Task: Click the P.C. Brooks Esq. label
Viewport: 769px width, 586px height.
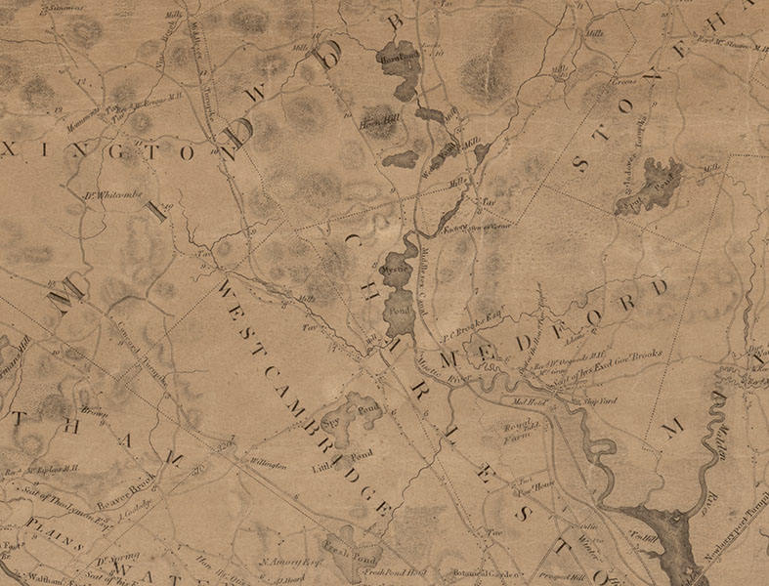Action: (x=474, y=329)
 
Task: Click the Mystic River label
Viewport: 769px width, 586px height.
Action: (x=441, y=365)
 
